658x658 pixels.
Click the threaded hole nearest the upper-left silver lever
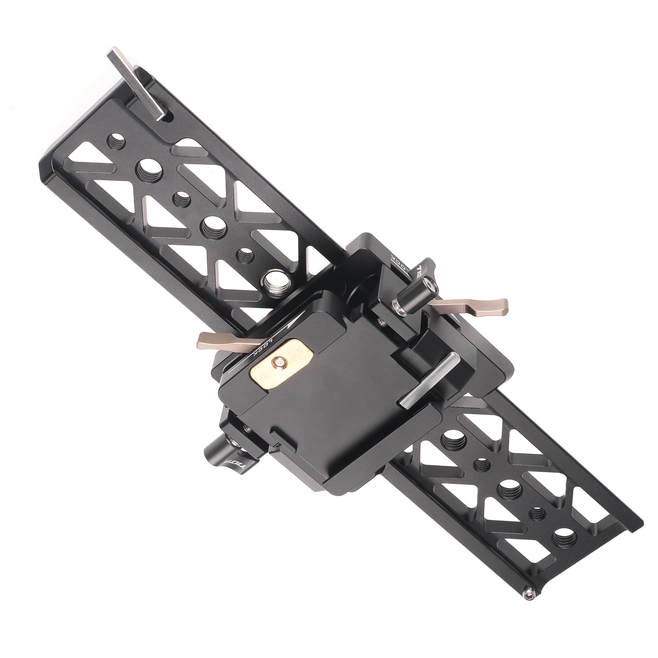116,140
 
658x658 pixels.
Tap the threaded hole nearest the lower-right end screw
563,538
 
